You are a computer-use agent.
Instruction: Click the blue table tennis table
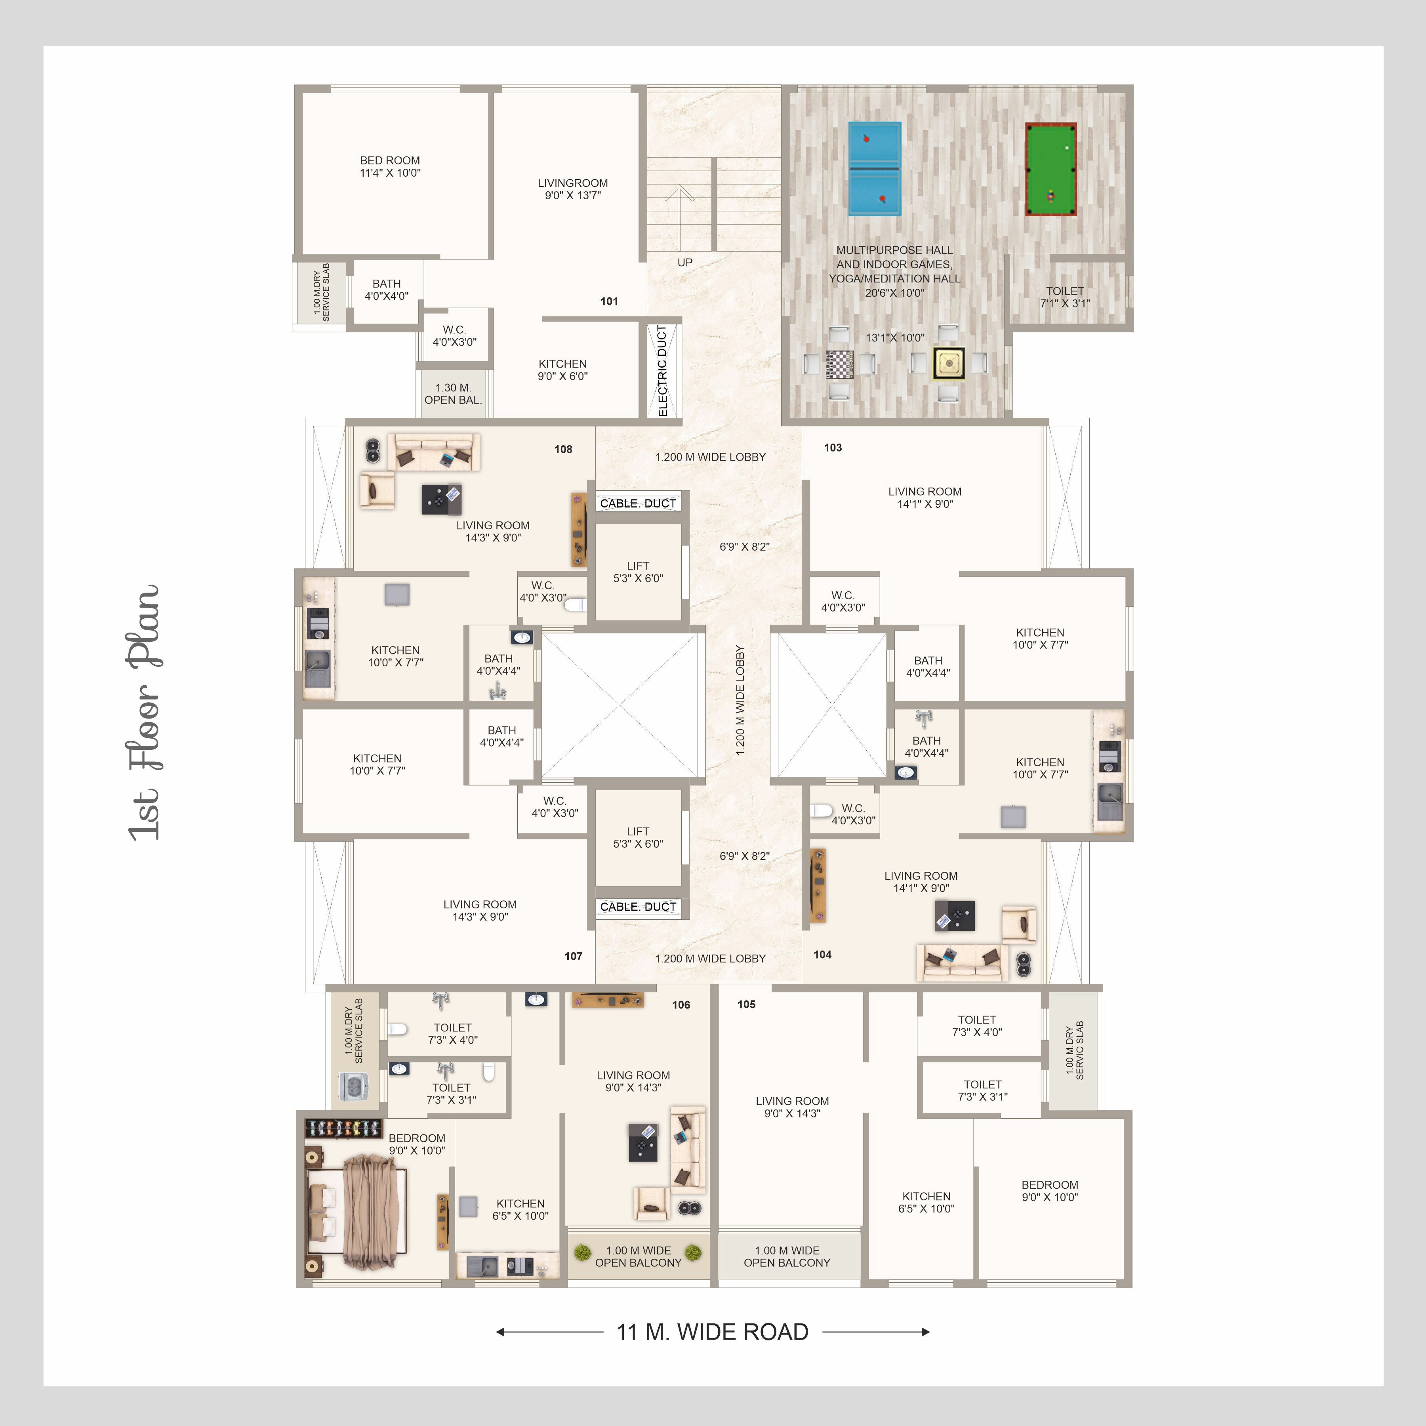(875, 169)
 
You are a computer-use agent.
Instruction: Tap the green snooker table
(1050, 169)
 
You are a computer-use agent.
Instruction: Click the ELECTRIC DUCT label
(662, 371)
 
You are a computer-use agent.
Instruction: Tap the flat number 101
(609, 301)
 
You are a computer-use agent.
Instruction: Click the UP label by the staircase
(685, 262)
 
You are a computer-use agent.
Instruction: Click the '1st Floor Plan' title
(144, 712)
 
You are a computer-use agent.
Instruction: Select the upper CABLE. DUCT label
(638, 503)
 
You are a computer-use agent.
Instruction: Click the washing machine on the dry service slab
(354, 1086)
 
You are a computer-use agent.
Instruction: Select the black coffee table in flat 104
(955, 916)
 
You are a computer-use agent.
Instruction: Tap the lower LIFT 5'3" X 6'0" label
(638, 838)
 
